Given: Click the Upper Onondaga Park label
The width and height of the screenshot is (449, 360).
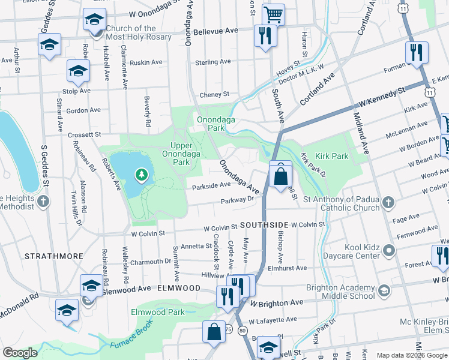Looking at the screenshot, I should pos(173,154).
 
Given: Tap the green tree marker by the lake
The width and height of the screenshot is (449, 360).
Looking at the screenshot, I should pos(142,175).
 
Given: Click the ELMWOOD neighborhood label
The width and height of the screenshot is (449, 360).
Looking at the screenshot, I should pos(178,288).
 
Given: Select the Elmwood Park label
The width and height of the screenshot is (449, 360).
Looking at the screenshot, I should pos(158,312).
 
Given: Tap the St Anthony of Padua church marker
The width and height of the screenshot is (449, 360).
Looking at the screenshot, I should pos(388,202).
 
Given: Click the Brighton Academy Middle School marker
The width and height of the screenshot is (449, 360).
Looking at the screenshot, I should pos(384,291).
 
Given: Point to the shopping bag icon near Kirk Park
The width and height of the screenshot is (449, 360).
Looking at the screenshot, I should pos(280,176).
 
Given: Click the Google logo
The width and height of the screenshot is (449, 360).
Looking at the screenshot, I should pos(20,353).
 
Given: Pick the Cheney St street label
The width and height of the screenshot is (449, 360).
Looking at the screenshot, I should pos(214,94).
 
